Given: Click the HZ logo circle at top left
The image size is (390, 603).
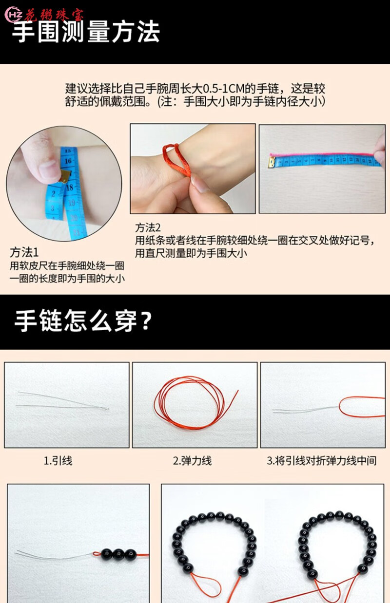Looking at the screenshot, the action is [x=14, y=15].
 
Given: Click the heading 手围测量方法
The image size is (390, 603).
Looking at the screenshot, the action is [x=86, y=32].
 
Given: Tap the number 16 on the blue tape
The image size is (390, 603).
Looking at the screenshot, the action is [x=68, y=161].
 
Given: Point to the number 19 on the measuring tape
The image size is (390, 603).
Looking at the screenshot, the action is [x=72, y=203].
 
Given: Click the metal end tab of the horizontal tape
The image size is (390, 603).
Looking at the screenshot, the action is [x=272, y=163].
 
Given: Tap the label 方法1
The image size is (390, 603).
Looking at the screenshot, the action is [x=24, y=252].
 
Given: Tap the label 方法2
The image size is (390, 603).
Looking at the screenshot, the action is [x=148, y=228].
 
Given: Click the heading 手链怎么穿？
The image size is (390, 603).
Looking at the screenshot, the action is [x=83, y=321].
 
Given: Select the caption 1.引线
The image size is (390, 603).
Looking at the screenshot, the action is [x=58, y=461].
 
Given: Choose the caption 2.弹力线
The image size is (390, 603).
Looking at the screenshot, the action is [x=192, y=461].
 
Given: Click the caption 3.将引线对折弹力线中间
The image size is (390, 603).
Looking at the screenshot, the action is [x=322, y=461].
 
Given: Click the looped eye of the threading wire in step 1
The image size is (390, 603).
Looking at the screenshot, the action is [x=105, y=409].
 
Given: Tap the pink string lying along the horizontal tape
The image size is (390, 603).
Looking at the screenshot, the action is [x=322, y=154].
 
